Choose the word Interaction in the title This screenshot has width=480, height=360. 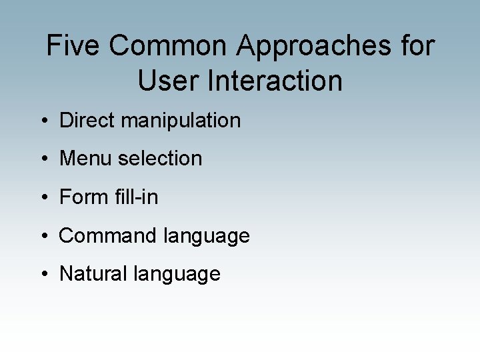pyautogui.click(x=275, y=81)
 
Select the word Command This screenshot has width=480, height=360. pyautogui.click(x=104, y=236)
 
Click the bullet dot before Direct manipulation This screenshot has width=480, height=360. pyautogui.click(x=43, y=121)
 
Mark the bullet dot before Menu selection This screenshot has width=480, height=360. pyautogui.click(x=43, y=159)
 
